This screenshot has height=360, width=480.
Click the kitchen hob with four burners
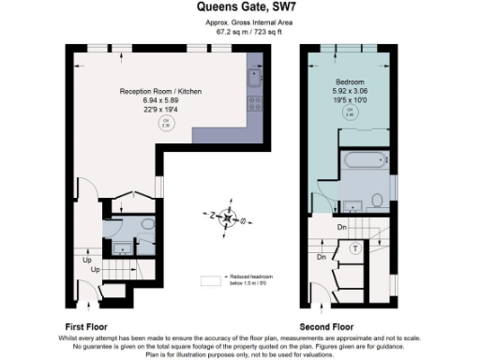[252, 100]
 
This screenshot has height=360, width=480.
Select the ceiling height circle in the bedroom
[352, 112]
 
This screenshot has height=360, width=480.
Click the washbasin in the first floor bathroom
[122, 247]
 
